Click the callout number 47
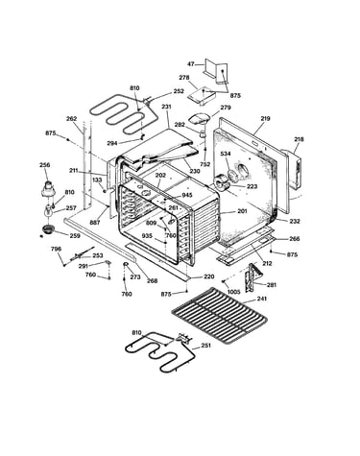point(190,64)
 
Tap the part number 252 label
point(179,91)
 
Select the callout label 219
point(265,118)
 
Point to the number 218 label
point(299,139)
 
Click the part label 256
point(45,165)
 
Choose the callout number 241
point(262,299)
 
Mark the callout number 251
point(205,346)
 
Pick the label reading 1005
point(233,292)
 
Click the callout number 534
point(226,154)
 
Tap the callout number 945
point(187,195)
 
